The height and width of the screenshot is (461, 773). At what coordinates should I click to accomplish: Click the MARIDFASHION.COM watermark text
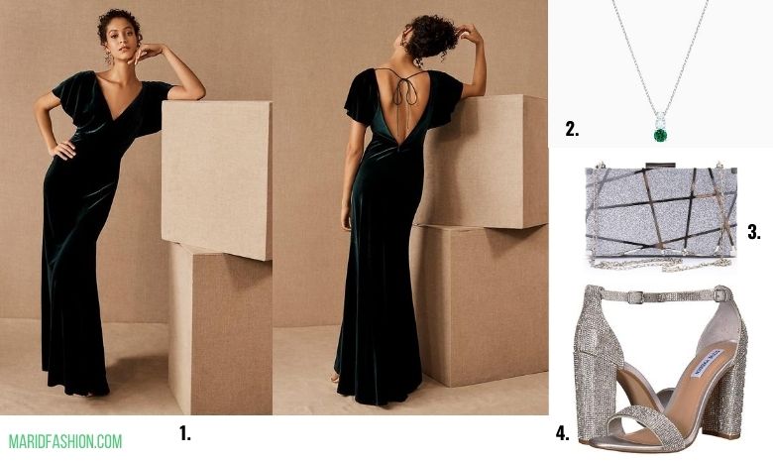point(65,441)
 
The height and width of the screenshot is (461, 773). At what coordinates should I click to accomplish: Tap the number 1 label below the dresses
point(185,433)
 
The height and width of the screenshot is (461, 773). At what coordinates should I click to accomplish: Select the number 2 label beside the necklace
point(572,129)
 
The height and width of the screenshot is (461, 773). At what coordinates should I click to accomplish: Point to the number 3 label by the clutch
point(754,231)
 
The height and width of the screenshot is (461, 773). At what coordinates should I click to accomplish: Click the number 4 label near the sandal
point(563,433)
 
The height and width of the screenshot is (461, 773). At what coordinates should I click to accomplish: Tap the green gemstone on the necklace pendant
point(661,135)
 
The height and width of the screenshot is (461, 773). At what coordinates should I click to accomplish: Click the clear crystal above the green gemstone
point(660,120)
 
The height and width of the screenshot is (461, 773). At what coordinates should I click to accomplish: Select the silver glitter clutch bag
point(661,213)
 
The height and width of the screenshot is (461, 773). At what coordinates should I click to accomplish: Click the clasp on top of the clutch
point(661,165)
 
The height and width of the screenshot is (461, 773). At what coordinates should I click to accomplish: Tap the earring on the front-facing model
point(108,57)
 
